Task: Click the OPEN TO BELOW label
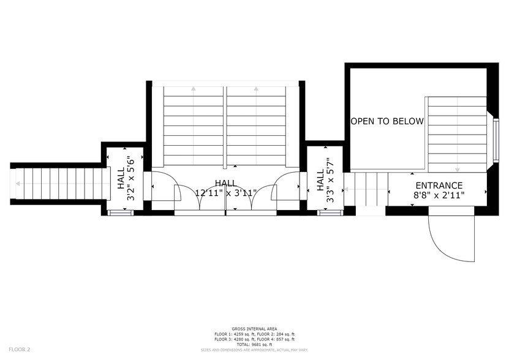[x=386, y=121]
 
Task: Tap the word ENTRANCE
[x=439, y=186]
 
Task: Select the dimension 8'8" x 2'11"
[x=439, y=196]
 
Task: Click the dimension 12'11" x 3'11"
[x=225, y=193]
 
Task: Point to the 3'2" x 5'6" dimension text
[x=129, y=179]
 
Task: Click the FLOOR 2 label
[x=20, y=349]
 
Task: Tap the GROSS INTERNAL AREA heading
[x=254, y=329]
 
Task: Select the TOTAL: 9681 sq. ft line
[x=254, y=344]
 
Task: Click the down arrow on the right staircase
[x=457, y=168]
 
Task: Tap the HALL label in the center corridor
[x=225, y=183]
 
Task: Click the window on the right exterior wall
[x=495, y=140]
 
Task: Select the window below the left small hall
[x=115, y=212]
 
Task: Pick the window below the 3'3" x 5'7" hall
[x=328, y=213]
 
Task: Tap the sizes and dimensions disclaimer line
[x=254, y=350]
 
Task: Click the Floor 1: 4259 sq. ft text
[x=233, y=334]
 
